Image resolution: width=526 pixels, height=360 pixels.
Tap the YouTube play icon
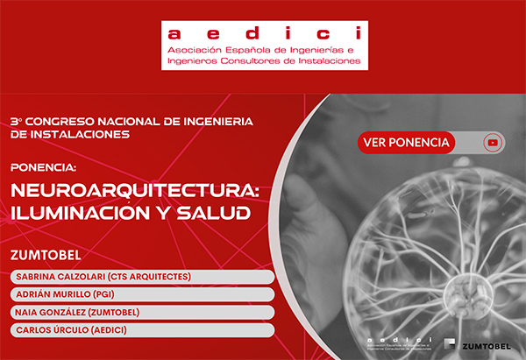494,142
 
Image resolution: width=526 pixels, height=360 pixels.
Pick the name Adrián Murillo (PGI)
73,294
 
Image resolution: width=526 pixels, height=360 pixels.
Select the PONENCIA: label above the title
44,166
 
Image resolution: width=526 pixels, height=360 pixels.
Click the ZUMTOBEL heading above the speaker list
46,256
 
